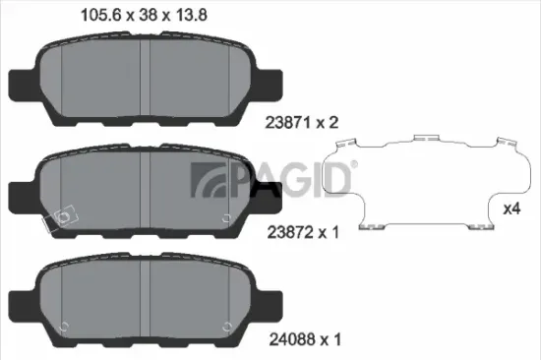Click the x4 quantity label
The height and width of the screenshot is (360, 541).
pyautogui.click(x=511, y=209)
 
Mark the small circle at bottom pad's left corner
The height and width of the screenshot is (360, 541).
pyautogui.click(x=64, y=328)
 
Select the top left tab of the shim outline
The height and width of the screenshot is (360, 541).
pyautogui.click(x=343, y=144)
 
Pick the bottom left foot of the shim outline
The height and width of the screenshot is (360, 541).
pyautogui.click(x=371, y=228)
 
